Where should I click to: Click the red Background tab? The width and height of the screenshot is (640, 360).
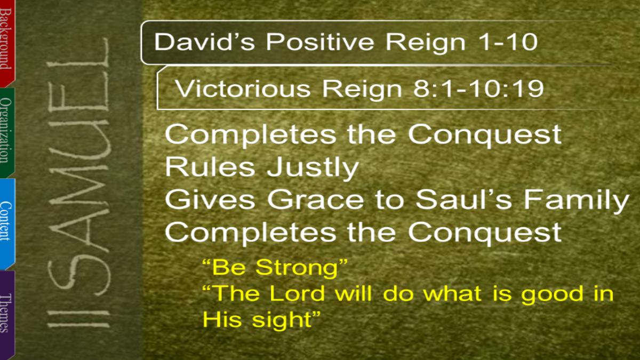tap(7, 43)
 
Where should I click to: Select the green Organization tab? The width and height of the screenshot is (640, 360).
tap(7, 132)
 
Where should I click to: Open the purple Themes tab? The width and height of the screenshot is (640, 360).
tap(7, 314)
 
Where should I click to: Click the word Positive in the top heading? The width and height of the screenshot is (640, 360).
tap(319, 42)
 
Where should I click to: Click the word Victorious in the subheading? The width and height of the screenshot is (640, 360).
tap(243, 89)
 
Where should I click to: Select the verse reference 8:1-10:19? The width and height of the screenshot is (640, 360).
tap(478, 89)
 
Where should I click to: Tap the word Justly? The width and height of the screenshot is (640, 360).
tap(313, 167)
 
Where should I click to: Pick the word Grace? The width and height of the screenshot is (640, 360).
tap(315, 199)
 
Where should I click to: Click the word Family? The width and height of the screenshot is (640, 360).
tap(577, 201)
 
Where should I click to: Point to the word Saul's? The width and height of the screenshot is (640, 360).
tap(463, 199)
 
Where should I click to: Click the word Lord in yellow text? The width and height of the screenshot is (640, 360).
tap(298, 293)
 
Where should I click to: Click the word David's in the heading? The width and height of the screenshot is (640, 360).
tap(204, 42)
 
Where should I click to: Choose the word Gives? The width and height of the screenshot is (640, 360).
tap(210, 199)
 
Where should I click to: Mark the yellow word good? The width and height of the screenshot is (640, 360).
tap(551, 295)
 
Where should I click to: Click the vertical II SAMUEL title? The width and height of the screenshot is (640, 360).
tap(78, 183)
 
